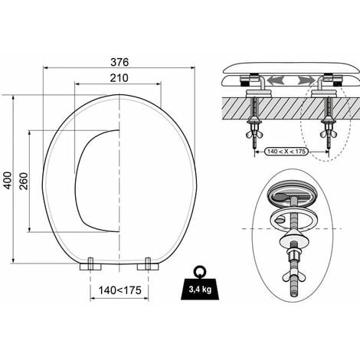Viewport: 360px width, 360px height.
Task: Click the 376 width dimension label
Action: click(119, 62)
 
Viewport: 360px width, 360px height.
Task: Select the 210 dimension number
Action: click(119, 78)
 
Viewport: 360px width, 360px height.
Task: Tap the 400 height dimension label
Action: click(8, 181)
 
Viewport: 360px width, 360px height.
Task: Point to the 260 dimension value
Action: click(24, 181)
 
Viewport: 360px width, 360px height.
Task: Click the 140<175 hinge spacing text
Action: click(119, 290)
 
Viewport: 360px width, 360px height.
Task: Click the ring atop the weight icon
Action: click(200, 272)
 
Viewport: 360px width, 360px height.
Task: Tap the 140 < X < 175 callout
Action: click(286, 152)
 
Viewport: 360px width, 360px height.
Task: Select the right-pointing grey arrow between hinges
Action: click(306, 80)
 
